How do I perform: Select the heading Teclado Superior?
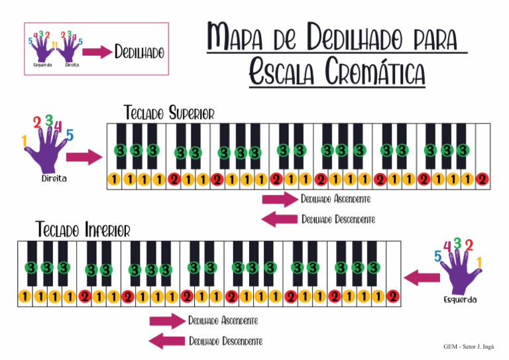coord(169,113)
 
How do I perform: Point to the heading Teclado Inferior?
coord(83,230)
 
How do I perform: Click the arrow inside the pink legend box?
coord(97,52)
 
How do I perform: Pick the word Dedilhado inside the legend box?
coord(139,52)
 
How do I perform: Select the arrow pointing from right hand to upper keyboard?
coord(85,157)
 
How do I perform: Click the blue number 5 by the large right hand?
coord(70,135)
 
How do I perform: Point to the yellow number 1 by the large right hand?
coord(25,141)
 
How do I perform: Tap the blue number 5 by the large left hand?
coord(438,256)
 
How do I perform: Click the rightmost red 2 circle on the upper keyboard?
coord(482,179)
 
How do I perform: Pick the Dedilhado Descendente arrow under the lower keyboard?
coord(166,341)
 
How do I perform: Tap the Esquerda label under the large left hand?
coord(460,300)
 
